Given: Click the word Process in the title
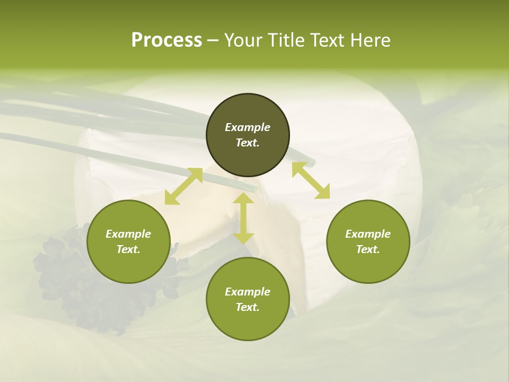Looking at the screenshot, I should coord(166,40).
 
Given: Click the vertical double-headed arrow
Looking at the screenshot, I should coord(243,218).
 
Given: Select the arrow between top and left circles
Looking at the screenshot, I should coord(183,186).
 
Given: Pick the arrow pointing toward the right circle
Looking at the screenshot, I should coord(311,180).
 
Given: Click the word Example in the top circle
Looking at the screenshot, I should coord(248,127).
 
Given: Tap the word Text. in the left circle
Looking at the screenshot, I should coord(128,249).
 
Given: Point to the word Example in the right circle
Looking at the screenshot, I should coord(368,234).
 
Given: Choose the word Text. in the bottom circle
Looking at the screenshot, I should coord(248,307).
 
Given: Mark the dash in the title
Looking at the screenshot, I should coord(213,40).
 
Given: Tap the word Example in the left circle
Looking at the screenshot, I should coord(128,234).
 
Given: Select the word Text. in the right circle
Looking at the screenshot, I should coord(368,249).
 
